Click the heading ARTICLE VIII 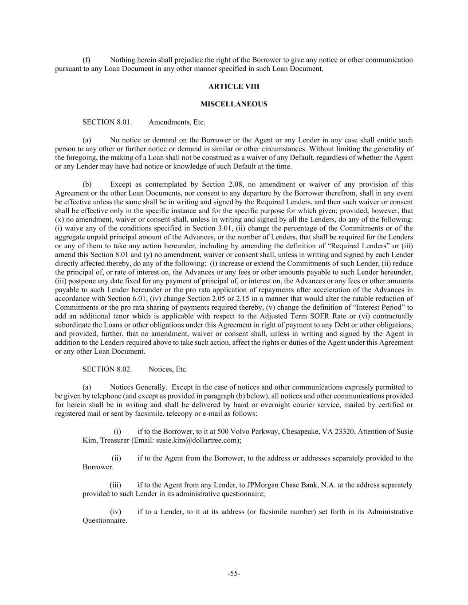coord(234,86)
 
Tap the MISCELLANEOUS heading coord(234,104)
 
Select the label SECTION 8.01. coord(107,122)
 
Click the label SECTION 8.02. coord(107,369)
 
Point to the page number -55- coord(234,574)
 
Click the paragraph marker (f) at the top coord(87,60)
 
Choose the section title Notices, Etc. coord(168,369)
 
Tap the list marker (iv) coord(115,512)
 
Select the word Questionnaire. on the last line coord(105,521)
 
